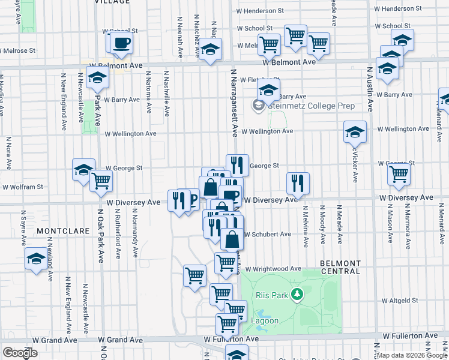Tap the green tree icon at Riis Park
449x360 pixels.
295,294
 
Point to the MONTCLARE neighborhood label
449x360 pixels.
58,230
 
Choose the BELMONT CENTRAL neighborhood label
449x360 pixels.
340,267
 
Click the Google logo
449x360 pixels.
20,353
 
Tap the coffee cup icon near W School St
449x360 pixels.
121,43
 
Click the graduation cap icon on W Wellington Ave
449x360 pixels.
355,131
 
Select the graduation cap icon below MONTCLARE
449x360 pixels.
36,259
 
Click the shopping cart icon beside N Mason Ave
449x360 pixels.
399,175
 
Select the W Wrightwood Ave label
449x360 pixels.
273,269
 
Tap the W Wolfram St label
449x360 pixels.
23,187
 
